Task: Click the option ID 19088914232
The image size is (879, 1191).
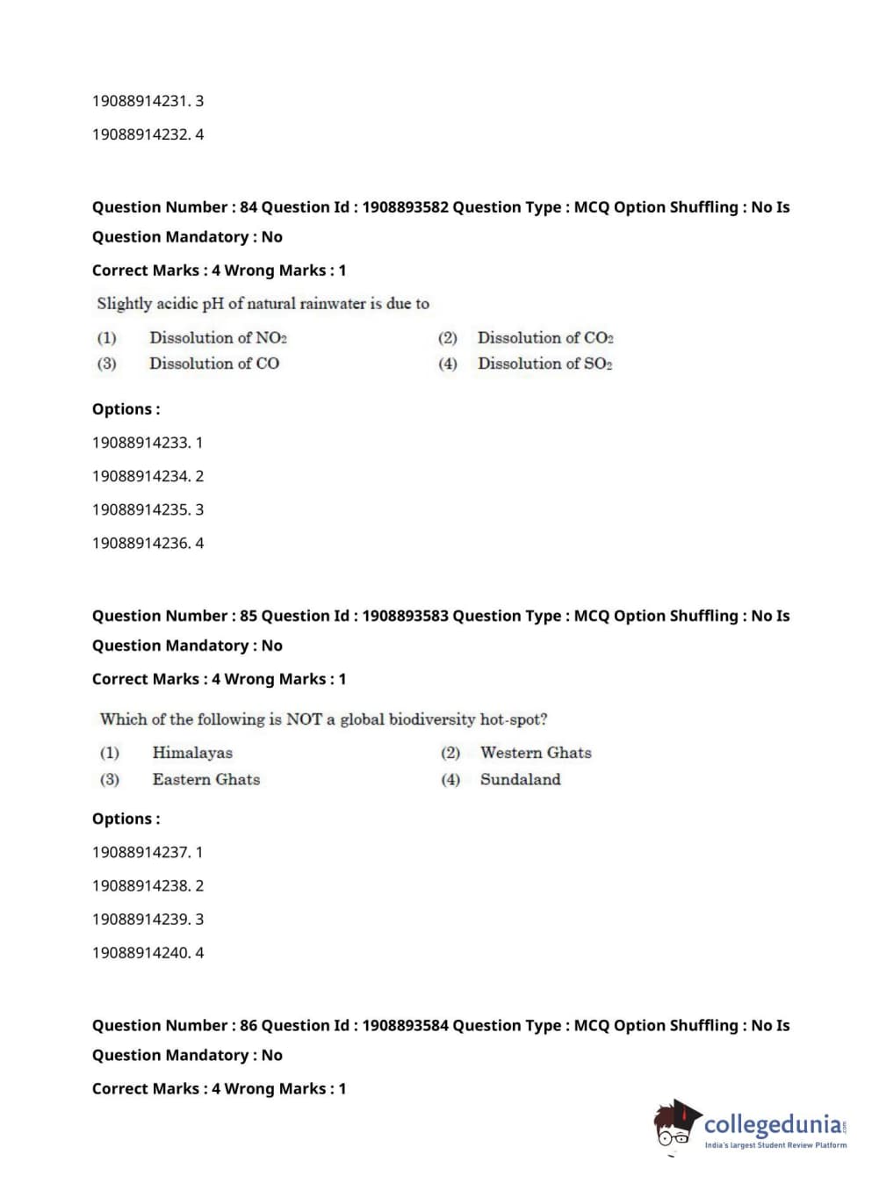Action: pyautogui.click(x=140, y=134)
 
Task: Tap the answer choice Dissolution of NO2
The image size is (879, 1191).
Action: pyautogui.click(x=218, y=338)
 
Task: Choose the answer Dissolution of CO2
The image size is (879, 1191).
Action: pyautogui.click(x=545, y=338)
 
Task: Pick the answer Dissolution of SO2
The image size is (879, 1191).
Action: pyautogui.click(x=544, y=364)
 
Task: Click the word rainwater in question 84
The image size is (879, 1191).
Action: pyautogui.click(x=332, y=304)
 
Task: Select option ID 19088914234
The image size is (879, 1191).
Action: pyautogui.click(x=140, y=476)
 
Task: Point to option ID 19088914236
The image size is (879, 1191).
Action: pyautogui.click(x=140, y=543)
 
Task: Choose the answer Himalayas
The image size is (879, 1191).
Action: pyautogui.click(x=192, y=753)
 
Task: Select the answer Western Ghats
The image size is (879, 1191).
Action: pyautogui.click(x=536, y=753)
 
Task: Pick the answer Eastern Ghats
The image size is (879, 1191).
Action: pyautogui.click(x=206, y=779)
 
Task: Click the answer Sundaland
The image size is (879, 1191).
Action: pyautogui.click(x=520, y=779)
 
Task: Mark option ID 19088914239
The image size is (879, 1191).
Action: pyautogui.click(x=140, y=919)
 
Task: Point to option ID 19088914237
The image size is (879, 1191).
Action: pyautogui.click(x=140, y=852)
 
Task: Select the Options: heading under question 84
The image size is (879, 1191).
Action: pyautogui.click(x=126, y=409)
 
